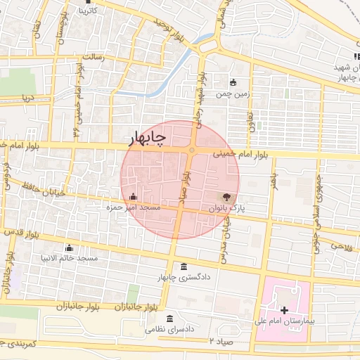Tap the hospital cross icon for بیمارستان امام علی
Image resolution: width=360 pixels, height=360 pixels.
[x=284, y=310]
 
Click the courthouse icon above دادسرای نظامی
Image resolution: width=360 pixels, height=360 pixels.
[x=172, y=319]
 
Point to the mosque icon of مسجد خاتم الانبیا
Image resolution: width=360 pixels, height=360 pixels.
[x=69, y=248]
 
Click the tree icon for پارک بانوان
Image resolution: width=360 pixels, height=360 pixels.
[x=226, y=198]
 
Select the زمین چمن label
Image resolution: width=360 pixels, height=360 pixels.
[x=233, y=93]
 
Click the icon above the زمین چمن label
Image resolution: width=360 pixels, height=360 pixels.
[x=233, y=82]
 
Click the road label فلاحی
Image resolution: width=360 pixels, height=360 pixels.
[x=340, y=247]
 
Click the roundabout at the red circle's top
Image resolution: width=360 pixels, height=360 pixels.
[x=191, y=150]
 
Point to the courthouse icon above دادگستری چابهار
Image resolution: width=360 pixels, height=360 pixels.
[x=184, y=266]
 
